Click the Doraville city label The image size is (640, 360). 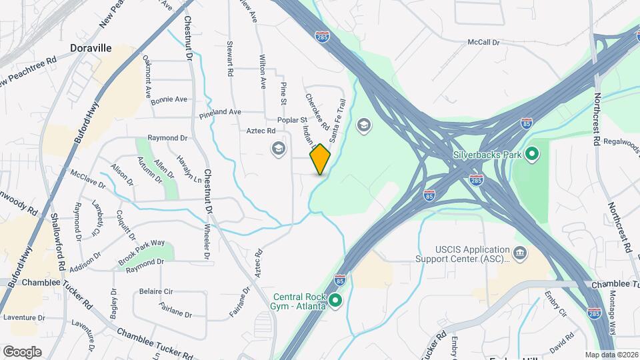91,49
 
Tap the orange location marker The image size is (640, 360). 320,159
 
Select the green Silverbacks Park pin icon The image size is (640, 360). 531,155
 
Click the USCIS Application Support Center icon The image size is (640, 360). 520,253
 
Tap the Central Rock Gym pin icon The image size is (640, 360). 337,301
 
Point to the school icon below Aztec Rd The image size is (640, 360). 277,147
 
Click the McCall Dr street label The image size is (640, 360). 483,42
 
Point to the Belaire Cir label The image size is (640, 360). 156,291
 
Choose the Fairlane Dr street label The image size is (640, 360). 175,309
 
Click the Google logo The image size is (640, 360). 22,351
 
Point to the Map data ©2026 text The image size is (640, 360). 611,355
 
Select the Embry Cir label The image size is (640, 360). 555,302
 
